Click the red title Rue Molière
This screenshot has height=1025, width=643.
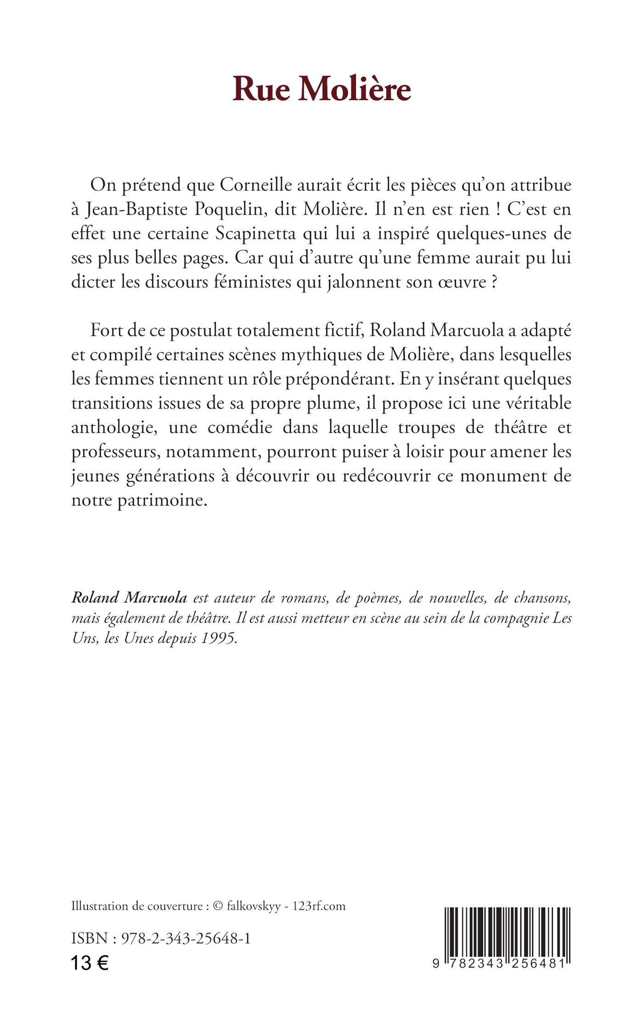(321, 89)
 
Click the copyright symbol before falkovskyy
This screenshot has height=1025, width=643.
(218, 906)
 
